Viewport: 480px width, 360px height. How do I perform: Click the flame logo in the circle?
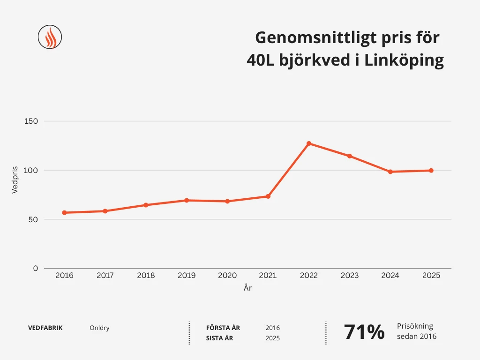pos(50,37)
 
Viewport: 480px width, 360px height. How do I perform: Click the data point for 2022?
pos(309,143)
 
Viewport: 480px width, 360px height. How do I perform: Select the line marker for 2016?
pos(64,213)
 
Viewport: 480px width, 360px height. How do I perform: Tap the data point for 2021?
pos(268,196)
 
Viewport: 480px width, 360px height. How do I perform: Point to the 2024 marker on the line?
pos(390,172)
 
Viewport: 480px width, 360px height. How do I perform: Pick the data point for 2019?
pos(187,200)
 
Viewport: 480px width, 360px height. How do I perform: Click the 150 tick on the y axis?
pos(31,121)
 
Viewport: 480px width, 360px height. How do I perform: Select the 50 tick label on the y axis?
pos(33,219)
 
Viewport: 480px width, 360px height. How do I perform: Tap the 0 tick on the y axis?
pos(35,268)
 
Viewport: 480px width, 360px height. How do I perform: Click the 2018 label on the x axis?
pos(146,276)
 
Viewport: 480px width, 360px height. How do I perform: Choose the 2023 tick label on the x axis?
pos(350,276)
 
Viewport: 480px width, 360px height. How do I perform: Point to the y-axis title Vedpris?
pos(15,180)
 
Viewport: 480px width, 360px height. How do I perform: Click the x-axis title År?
pos(247,288)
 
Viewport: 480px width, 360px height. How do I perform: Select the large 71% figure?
pos(364,332)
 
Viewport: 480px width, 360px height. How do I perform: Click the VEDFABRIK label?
pos(45,328)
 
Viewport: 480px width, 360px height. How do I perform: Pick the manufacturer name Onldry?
pos(99,328)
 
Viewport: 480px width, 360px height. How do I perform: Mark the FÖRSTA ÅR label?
pos(223,328)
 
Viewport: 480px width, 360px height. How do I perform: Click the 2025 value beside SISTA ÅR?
pos(272,338)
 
